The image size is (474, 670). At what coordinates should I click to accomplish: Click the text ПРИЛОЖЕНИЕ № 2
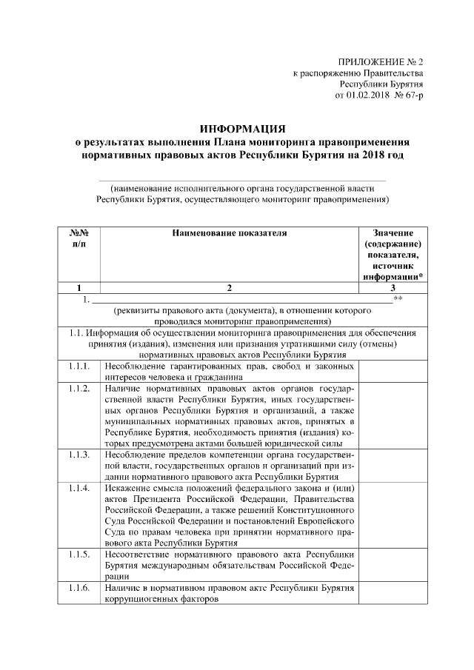[x=379, y=62]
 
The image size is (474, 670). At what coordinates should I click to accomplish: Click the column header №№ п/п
[x=79, y=238]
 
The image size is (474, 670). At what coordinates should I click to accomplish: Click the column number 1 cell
[x=79, y=288]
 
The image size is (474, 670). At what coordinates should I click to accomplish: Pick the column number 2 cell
[x=229, y=288]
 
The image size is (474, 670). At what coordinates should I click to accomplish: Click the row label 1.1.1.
[x=79, y=366]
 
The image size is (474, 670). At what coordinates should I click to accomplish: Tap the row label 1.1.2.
[x=79, y=389]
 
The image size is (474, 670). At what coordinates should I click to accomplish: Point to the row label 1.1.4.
[x=79, y=488]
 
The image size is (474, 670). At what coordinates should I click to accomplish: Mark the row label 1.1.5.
[x=79, y=554]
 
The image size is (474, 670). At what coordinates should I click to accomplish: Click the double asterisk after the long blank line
[x=398, y=298]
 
